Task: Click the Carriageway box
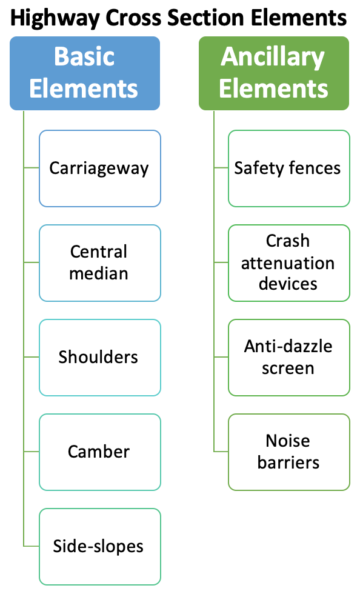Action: tap(100, 169)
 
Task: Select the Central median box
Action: tap(100, 263)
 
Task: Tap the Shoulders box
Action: tap(100, 358)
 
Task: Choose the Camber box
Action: tap(100, 452)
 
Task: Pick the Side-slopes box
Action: tap(100, 547)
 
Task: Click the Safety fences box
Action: tap(288, 169)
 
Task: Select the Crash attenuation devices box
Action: tap(288, 263)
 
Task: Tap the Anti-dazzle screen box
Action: tap(288, 358)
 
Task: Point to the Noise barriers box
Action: tap(288, 452)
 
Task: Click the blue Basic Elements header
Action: tap(85, 73)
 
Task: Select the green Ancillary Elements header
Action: tap(273, 73)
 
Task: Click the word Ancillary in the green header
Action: tap(273, 58)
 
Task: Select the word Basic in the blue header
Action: tap(84, 58)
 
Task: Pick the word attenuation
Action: tap(288, 263)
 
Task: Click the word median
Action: tap(99, 273)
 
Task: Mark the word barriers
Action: tap(288, 463)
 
